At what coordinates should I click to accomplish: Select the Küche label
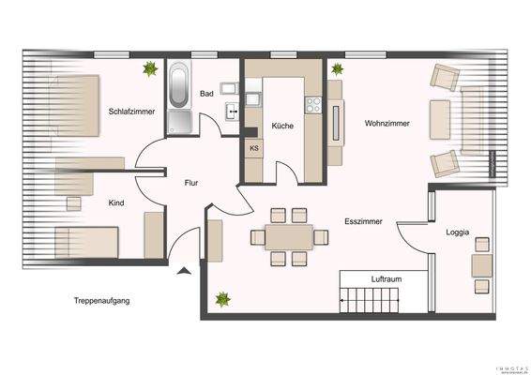pos(283,125)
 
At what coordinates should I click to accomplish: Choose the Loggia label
pos(458,231)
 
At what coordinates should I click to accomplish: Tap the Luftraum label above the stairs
pos(387,279)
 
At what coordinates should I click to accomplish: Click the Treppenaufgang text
pos(101,301)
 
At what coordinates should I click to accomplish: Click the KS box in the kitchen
pos(254,148)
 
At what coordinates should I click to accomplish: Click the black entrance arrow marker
pos(184,271)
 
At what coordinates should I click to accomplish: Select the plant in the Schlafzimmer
pos(149,68)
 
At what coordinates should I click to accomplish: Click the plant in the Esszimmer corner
pos(223,300)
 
